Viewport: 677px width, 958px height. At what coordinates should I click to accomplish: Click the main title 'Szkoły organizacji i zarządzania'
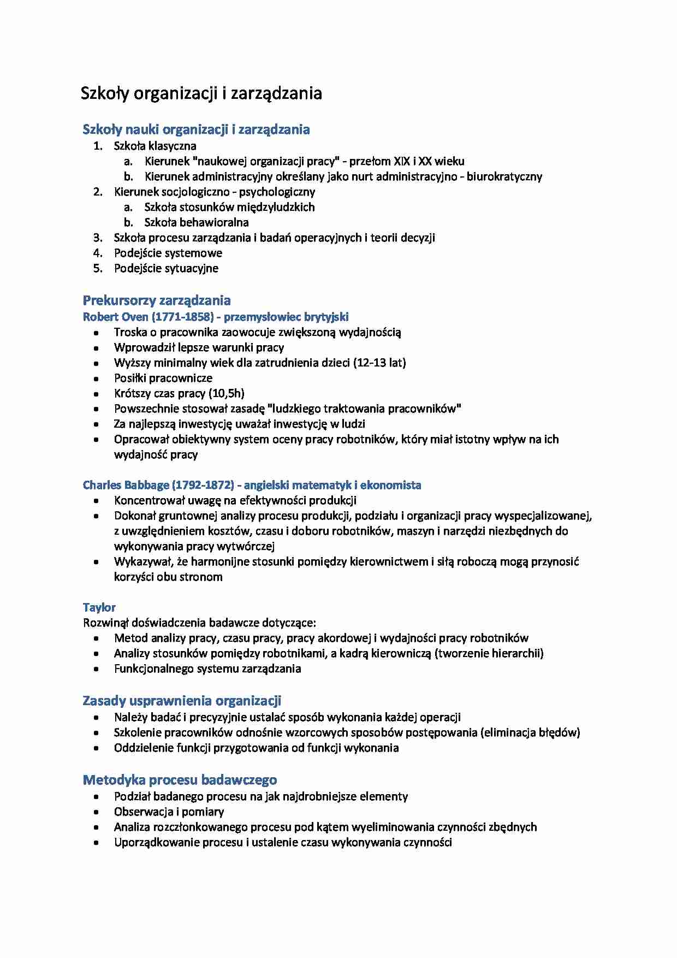[x=201, y=93]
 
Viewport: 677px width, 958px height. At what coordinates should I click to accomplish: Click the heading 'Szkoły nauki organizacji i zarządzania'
[x=196, y=129]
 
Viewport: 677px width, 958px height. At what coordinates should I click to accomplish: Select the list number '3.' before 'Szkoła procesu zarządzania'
[x=98, y=238]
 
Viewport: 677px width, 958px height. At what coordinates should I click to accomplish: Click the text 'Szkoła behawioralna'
[x=197, y=222]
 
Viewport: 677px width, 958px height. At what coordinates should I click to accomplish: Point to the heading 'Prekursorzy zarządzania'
[x=157, y=300]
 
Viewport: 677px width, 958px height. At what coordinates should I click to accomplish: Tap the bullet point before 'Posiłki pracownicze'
[x=97, y=379]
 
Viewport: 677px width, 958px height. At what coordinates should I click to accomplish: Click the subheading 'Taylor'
[x=99, y=607]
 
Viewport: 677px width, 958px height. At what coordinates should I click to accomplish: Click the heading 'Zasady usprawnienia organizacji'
[x=182, y=701]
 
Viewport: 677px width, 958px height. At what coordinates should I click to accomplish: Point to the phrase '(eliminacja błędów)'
[x=530, y=732]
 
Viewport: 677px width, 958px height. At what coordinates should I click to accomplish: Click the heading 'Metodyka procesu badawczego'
[x=180, y=780]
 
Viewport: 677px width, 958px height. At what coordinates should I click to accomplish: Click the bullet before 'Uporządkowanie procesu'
[x=97, y=843]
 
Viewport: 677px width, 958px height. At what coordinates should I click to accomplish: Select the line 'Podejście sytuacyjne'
[x=166, y=268]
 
